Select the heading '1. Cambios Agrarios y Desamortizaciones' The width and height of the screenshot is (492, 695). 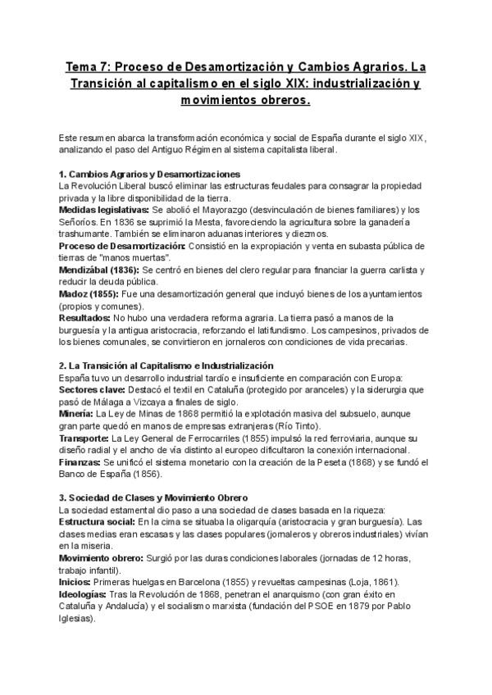pyautogui.click(x=149, y=175)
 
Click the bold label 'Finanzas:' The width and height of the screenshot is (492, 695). pyautogui.click(x=80, y=461)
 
